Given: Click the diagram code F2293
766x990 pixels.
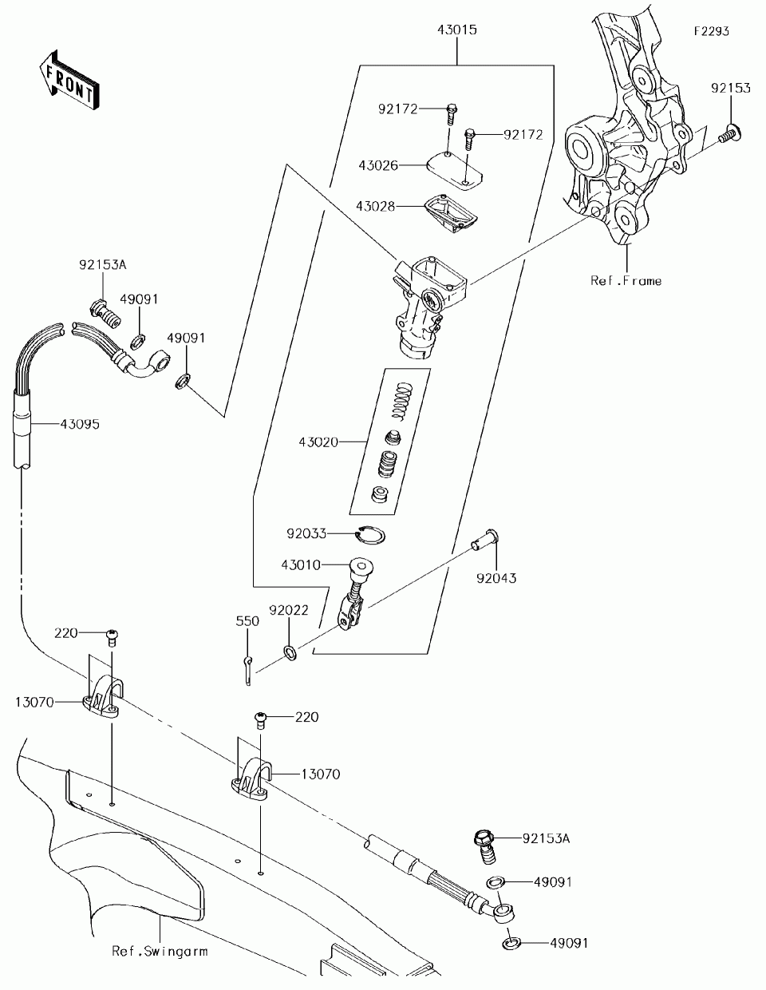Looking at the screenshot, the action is (x=712, y=31).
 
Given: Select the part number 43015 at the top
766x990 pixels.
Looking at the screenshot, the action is (x=457, y=30).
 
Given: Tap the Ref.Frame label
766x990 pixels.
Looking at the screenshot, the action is (x=626, y=281).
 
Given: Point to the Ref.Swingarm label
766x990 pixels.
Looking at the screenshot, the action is (x=160, y=951).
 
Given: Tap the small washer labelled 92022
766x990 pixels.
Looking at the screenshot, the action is (x=290, y=653).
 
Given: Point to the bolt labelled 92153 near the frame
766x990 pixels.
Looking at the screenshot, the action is (x=729, y=133).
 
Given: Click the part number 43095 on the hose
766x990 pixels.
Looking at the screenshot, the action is (x=80, y=424).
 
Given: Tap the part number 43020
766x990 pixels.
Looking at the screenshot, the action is (x=318, y=442).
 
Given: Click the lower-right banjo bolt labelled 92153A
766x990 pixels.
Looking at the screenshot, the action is (x=485, y=847).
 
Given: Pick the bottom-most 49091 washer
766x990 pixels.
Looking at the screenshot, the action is (x=511, y=943).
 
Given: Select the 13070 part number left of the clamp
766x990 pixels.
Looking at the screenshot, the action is (x=34, y=702).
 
